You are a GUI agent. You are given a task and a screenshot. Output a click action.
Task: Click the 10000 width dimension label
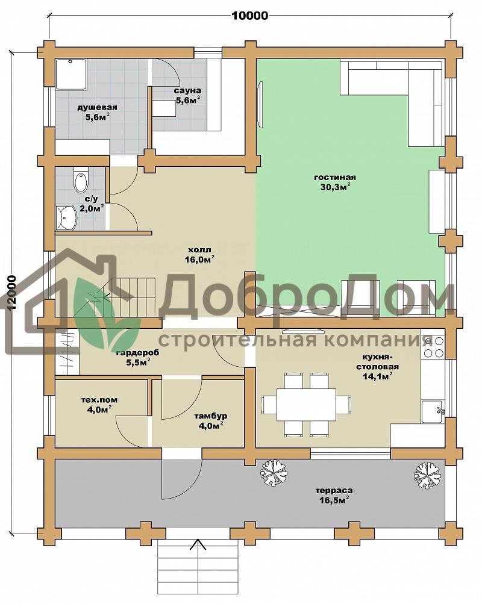point(249,16)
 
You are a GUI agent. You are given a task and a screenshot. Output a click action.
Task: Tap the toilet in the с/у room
point(81,180)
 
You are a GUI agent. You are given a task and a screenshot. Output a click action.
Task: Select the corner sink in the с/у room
point(67,217)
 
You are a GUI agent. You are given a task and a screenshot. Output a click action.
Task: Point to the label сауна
point(187,91)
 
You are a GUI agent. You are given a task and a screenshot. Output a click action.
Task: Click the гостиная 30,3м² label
point(334,182)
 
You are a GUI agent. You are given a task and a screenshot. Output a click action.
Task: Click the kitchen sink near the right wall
point(433,411)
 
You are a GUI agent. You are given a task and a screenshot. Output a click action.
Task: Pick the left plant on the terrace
point(275,473)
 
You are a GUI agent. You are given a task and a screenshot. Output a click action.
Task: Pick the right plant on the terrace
point(428,475)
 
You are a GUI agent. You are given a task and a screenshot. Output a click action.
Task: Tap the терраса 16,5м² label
point(334,496)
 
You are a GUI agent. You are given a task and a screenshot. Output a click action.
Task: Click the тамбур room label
point(210,416)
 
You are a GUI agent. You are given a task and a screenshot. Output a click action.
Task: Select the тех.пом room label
point(99,400)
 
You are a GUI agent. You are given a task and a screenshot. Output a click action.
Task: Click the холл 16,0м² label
point(199,255)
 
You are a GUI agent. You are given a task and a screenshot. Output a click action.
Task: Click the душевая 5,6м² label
point(97,112)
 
